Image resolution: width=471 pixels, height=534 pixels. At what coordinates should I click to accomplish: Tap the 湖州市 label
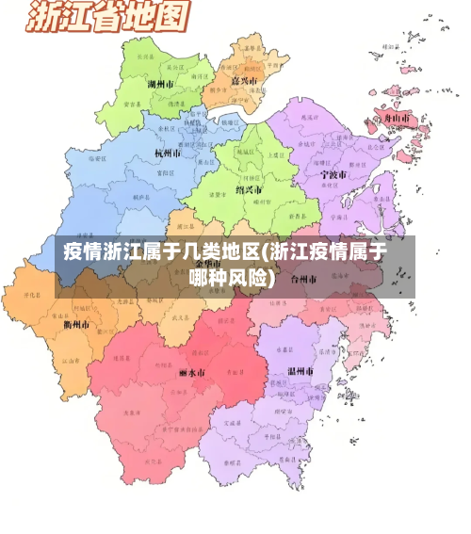[163, 84]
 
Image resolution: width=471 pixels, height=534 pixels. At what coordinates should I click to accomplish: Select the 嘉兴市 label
[245, 82]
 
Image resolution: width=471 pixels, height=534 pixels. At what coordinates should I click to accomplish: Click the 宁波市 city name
[332, 174]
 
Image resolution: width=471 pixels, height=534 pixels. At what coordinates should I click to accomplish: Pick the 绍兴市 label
[249, 187]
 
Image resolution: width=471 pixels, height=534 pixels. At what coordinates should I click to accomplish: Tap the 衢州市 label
[76, 325]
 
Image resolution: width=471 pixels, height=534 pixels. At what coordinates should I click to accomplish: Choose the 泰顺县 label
[230, 462]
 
